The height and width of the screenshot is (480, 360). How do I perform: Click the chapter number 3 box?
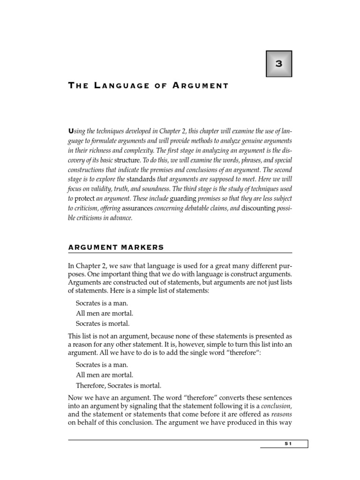point(279,64)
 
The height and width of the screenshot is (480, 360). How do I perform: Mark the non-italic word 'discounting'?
point(258,209)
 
